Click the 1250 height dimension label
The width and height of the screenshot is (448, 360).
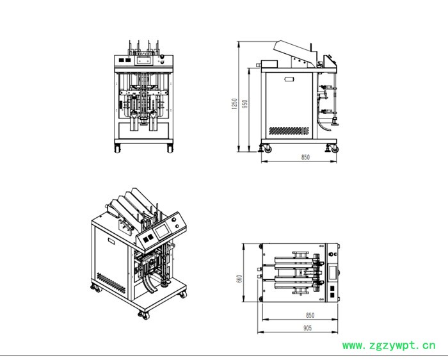(x=235, y=104)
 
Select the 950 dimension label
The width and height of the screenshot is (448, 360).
(x=244, y=104)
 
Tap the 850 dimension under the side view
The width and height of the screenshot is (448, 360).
(x=305, y=157)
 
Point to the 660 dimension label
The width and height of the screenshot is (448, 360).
(x=239, y=279)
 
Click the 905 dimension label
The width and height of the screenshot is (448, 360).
(x=307, y=328)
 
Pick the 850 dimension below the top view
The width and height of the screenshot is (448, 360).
(x=310, y=315)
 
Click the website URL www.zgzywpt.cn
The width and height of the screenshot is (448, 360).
(x=389, y=346)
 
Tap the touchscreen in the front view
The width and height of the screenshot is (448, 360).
(x=143, y=60)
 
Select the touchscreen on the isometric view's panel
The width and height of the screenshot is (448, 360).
(x=162, y=231)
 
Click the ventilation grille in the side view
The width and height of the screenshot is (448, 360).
(x=289, y=131)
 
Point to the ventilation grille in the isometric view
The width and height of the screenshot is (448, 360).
(x=111, y=282)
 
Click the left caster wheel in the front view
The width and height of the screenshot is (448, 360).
(x=117, y=149)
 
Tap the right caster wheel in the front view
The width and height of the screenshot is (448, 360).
(x=170, y=149)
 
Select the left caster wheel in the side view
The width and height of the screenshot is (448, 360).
(x=268, y=149)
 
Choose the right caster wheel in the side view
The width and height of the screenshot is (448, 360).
(x=334, y=149)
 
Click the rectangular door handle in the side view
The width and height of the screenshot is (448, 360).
(x=289, y=79)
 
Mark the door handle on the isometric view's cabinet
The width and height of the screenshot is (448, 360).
(x=111, y=240)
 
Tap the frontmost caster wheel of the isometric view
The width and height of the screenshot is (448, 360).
(x=145, y=316)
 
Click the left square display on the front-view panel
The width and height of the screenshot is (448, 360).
(x=121, y=60)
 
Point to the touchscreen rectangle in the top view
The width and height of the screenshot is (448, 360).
(x=333, y=273)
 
